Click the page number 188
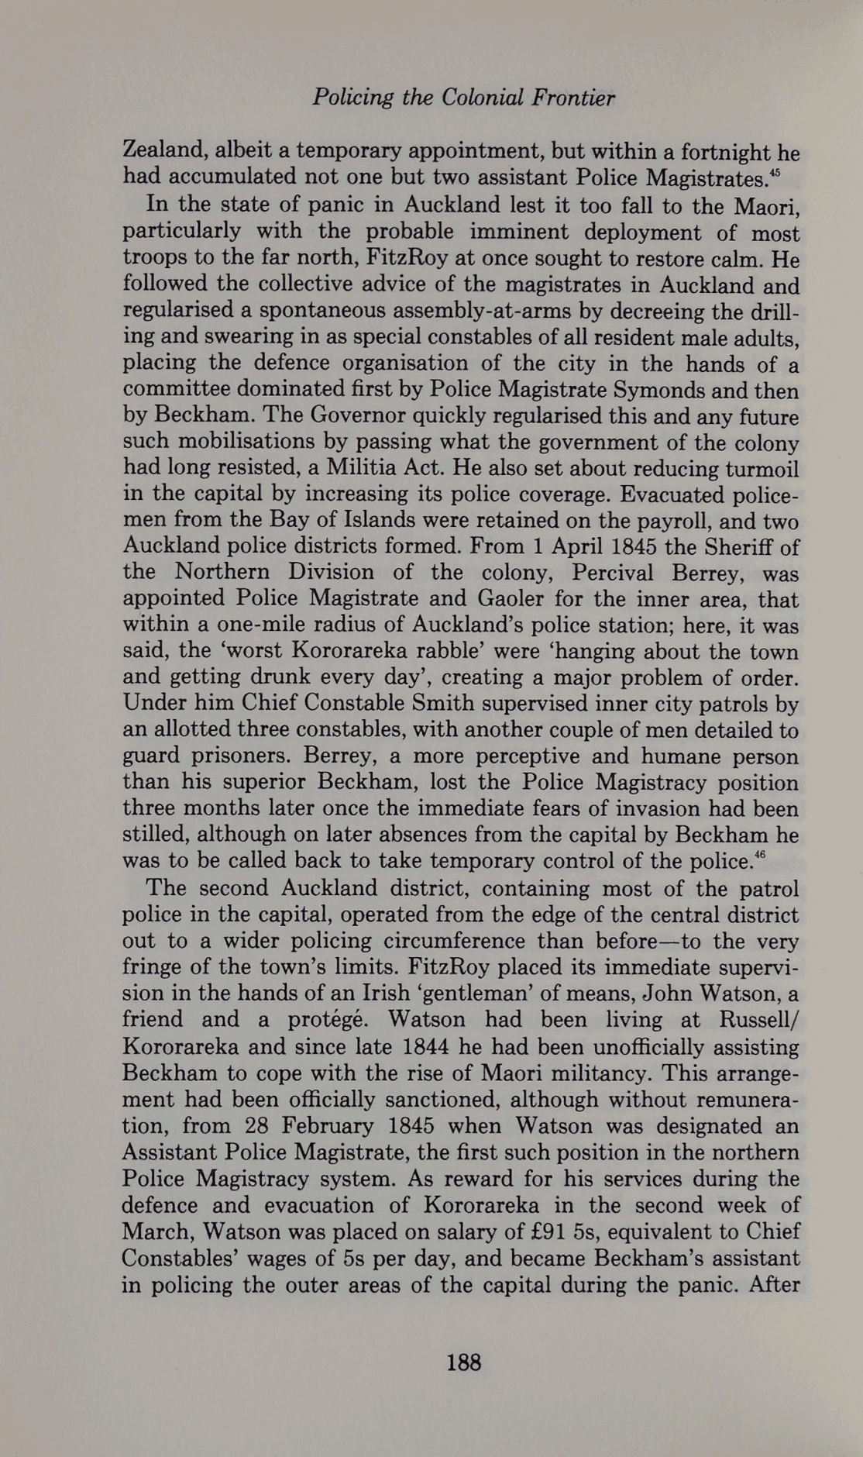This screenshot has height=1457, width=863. point(464,1362)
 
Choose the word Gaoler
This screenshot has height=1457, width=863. point(515,600)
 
